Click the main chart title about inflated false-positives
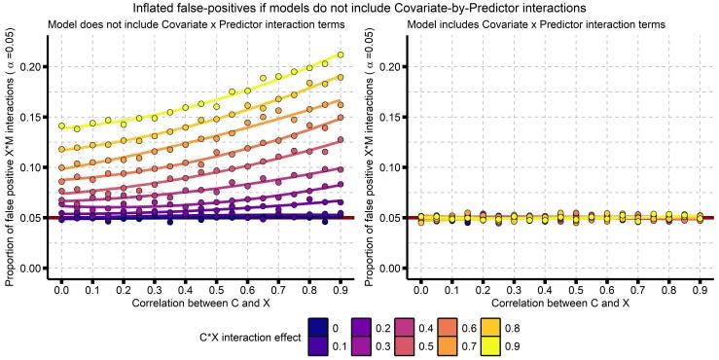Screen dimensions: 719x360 point(360,8)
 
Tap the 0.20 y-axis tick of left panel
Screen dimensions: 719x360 point(35,67)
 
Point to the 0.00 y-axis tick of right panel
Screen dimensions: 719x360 point(394,269)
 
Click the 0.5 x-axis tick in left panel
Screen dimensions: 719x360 point(216,291)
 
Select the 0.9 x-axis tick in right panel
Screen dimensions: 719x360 point(701,291)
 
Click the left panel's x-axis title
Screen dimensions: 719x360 point(200,304)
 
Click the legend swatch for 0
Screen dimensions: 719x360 point(318,328)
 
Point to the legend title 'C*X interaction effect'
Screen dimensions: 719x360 point(250,337)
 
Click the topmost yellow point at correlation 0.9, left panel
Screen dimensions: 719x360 point(341,54)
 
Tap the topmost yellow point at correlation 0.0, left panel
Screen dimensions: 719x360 point(61,126)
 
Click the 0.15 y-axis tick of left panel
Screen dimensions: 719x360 point(35,118)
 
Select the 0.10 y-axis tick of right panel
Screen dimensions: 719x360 point(394,167)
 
